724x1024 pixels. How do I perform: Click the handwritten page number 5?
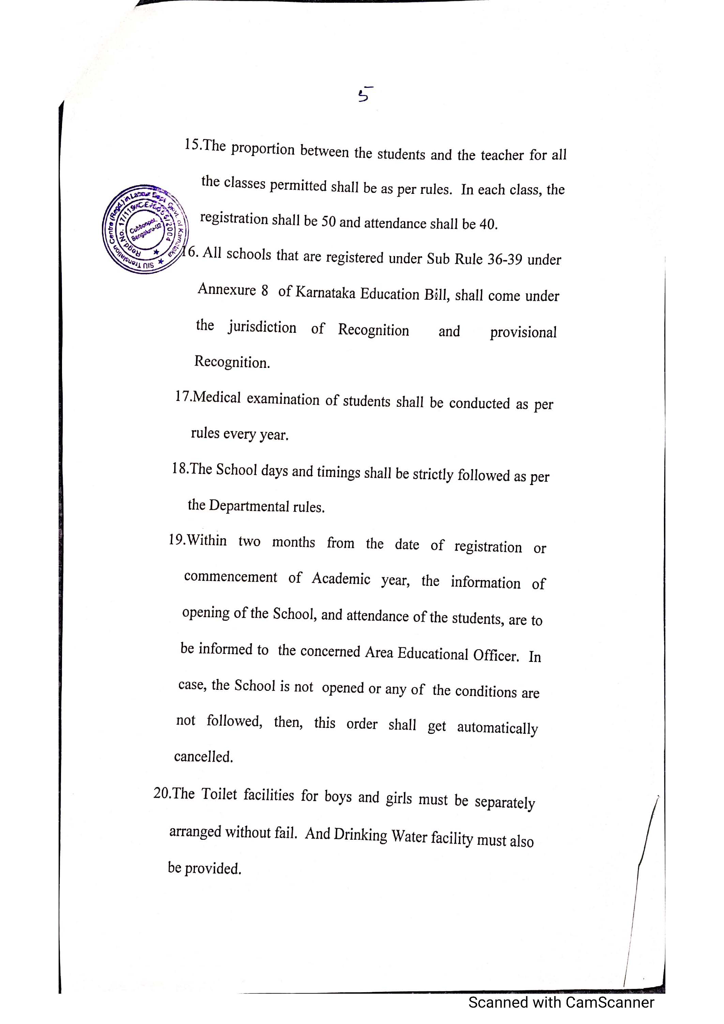[365, 95]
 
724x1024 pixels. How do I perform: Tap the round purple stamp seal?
[145, 229]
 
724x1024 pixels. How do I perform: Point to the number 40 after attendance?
[487, 224]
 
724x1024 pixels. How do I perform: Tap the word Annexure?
[227, 290]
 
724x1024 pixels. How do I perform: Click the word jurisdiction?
[262, 327]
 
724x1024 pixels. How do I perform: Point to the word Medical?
[217, 397]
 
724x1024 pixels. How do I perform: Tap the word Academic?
[341, 578]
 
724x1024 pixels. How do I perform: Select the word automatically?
[497, 728]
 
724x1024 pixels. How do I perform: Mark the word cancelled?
[203, 757]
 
